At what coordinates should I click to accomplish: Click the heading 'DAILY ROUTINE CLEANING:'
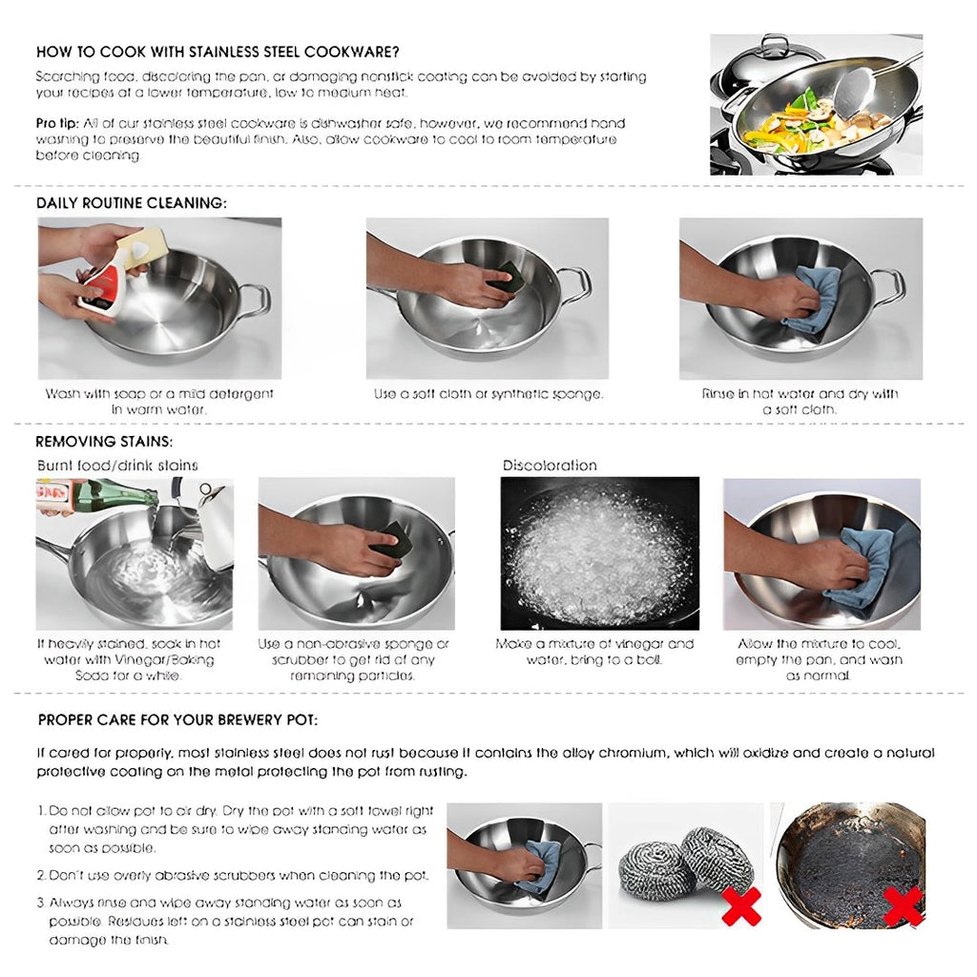click(x=132, y=203)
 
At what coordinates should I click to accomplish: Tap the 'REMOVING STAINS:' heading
click(x=104, y=442)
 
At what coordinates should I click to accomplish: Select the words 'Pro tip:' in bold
click(x=57, y=124)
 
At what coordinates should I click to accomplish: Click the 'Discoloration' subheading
click(x=550, y=466)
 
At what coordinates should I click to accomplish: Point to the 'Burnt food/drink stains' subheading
click(x=117, y=466)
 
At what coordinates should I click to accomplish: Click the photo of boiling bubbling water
click(x=599, y=553)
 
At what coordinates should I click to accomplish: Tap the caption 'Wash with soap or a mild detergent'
click(x=159, y=394)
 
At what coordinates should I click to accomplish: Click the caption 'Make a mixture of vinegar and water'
click(x=594, y=644)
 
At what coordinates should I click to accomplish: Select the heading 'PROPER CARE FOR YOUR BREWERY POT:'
click(x=177, y=719)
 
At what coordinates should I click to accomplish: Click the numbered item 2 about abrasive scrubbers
click(x=239, y=875)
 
